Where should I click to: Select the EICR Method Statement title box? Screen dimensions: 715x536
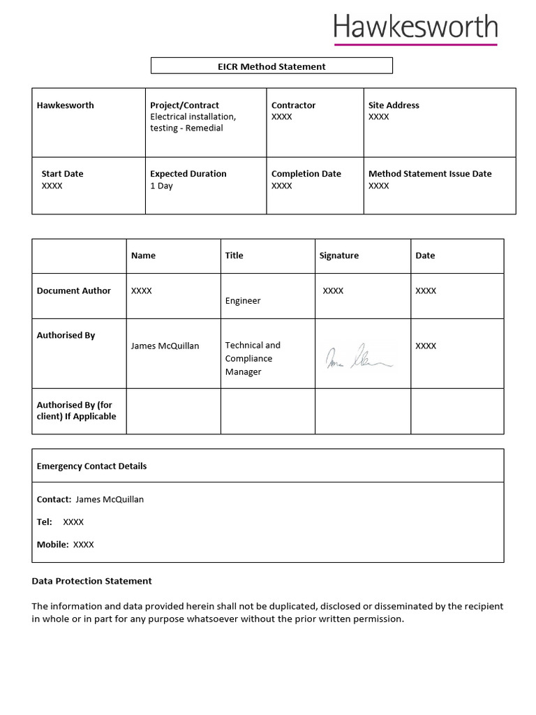click(x=271, y=66)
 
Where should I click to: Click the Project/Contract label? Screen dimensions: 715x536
click(x=184, y=105)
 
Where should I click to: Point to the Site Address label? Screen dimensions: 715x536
click(x=394, y=105)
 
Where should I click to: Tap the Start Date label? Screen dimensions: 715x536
click(x=62, y=174)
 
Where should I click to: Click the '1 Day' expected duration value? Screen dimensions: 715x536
click(x=161, y=186)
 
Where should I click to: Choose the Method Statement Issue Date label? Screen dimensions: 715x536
click(x=430, y=174)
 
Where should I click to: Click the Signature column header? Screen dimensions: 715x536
click(x=338, y=256)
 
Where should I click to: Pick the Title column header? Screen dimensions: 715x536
click(x=234, y=256)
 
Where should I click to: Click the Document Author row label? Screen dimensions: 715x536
click(x=74, y=290)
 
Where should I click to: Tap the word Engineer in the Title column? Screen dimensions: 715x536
click(x=243, y=301)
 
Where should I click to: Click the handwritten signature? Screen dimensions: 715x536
click(x=358, y=356)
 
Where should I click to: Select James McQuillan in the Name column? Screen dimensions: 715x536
click(x=165, y=346)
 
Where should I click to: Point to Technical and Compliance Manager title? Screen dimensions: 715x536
click(x=253, y=358)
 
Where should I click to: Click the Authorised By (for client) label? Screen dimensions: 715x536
click(x=76, y=411)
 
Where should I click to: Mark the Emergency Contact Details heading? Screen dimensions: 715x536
click(x=91, y=466)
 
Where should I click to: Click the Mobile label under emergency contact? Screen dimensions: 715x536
click(x=52, y=545)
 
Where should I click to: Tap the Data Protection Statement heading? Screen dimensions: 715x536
click(x=91, y=581)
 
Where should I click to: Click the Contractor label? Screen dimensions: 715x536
click(x=293, y=105)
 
